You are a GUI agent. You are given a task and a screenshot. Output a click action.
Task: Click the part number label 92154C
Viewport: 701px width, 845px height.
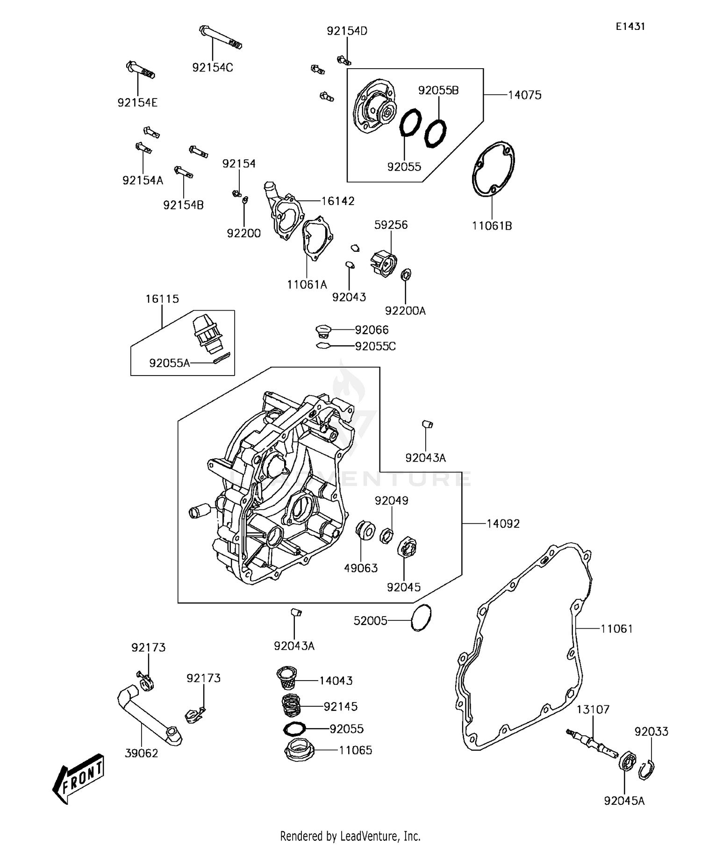(x=213, y=68)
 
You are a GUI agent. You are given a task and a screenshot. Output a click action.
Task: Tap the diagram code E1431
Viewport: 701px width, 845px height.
(x=630, y=27)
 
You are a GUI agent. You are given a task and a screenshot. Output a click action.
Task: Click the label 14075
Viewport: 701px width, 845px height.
(x=524, y=95)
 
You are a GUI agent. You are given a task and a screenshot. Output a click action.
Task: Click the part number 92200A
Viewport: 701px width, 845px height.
(x=405, y=311)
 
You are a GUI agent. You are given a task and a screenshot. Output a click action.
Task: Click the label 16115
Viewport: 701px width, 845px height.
(x=162, y=299)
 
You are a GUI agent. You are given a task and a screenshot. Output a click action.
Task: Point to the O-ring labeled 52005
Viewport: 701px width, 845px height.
(x=421, y=618)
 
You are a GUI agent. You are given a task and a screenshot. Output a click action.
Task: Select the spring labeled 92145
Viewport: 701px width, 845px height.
(x=292, y=705)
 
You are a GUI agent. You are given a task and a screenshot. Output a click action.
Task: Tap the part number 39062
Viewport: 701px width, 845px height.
(x=142, y=753)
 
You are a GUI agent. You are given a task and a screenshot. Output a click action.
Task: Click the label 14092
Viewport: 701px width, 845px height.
(x=503, y=524)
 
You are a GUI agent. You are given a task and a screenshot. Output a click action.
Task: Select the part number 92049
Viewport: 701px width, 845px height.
(x=391, y=501)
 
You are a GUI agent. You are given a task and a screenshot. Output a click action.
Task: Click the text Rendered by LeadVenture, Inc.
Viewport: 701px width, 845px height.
(x=350, y=835)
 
